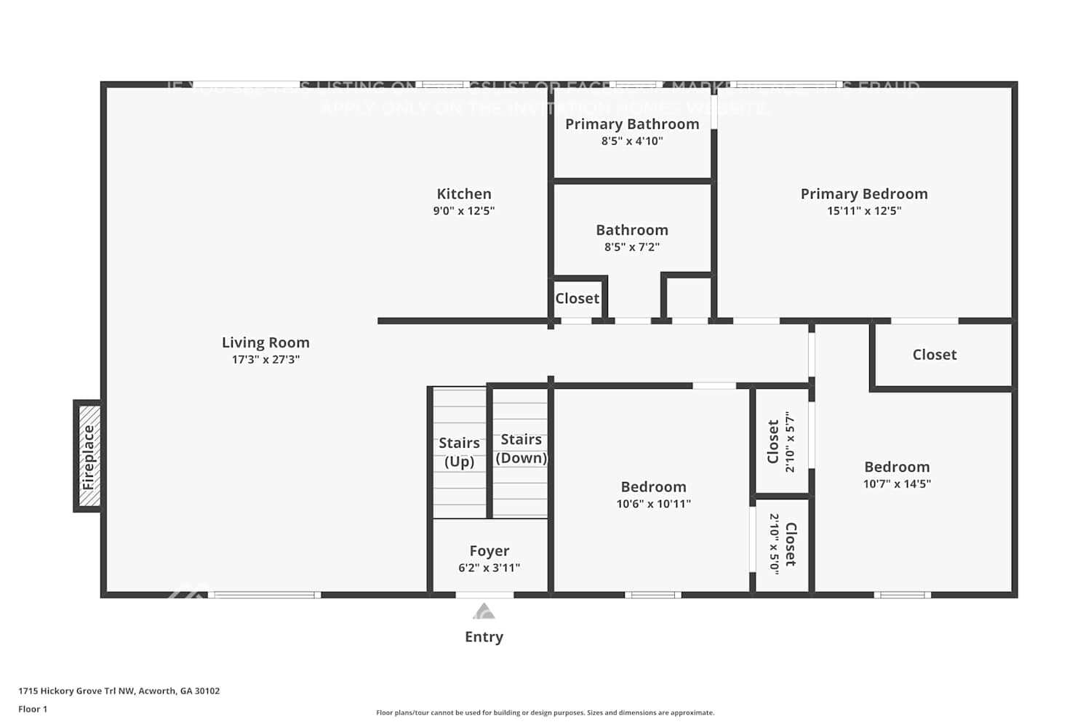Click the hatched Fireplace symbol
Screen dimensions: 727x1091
pos(89,457)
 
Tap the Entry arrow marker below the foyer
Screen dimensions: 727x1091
pos(484,611)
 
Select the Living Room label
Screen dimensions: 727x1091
pos(265,342)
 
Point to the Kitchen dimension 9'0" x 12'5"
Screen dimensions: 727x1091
pos(464,211)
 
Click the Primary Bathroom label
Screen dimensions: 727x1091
pos(632,124)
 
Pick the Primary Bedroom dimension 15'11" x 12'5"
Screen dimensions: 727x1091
pos(864,211)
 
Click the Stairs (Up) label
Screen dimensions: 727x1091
pos(459,451)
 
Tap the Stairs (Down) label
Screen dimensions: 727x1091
pos(521,449)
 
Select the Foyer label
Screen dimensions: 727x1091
pos(489,551)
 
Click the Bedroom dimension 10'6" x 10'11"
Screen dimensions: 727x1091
pos(653,504)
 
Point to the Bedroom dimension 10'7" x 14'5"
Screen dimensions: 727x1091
pos(897,484)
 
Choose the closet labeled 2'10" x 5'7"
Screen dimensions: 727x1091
pos(781,441)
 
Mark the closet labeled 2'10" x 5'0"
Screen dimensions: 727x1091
pos(783,544)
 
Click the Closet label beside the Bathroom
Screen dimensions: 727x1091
pos(578,299)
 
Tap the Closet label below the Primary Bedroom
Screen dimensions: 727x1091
pos(935,355)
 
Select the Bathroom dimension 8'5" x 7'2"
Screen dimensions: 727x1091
pos(632,247)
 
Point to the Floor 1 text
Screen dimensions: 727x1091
pos(33,709)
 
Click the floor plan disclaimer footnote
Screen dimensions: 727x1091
pos(545,712)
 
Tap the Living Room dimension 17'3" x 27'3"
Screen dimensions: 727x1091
pos(265,359)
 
